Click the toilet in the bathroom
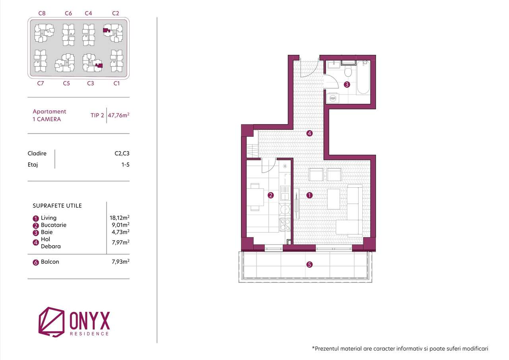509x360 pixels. point(348,72)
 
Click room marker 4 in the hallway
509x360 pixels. point(310,133)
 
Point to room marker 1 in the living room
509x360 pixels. point(310,195)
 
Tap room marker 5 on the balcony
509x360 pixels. point(310,264)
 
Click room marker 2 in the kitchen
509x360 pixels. point(271,195)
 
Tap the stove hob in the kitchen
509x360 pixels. point(285,225)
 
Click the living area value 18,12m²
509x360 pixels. point(120,218)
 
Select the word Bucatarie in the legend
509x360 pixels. point(53,225)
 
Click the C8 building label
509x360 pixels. point(42,13)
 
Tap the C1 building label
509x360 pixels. point(117,83)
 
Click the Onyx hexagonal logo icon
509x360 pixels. point(51,321)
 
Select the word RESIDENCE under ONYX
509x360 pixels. point(89,334)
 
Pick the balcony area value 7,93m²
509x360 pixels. point(120,261)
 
